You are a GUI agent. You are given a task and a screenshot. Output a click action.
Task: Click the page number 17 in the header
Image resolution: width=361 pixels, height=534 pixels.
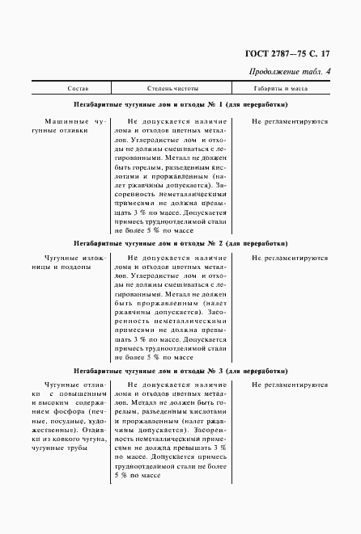click(x=326, y=54)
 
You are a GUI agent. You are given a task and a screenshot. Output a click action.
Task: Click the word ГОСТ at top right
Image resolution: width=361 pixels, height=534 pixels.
click(x=257, y=54)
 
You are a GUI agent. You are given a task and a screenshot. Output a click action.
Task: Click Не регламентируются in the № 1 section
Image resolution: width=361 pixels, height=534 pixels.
click(x=289, y=120)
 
